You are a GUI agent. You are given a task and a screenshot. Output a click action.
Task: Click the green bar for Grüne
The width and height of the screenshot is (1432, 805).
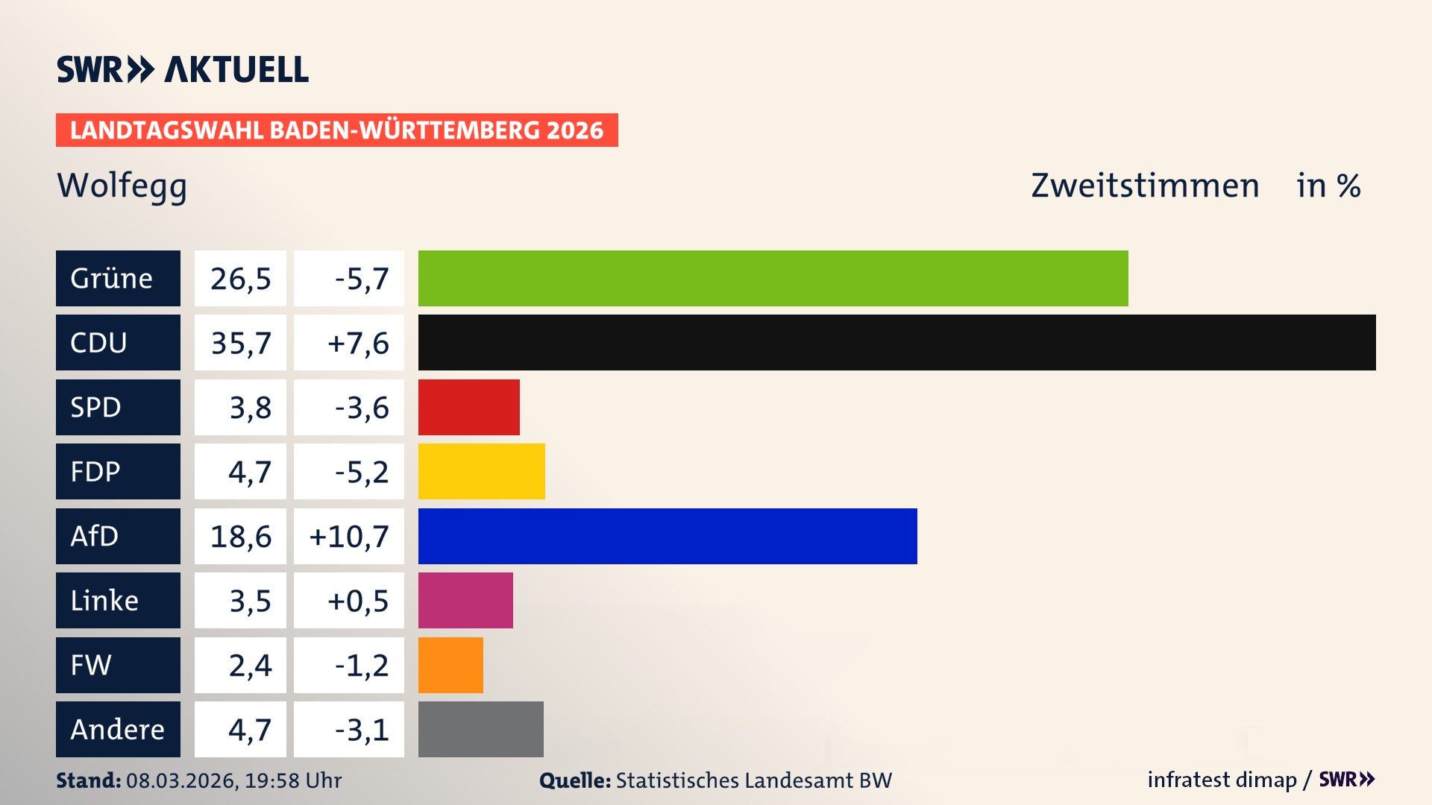pyautogui.click(x=773, y=278)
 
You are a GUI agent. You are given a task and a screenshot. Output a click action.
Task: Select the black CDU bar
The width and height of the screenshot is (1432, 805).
pyautogui.click(x=896, y=342)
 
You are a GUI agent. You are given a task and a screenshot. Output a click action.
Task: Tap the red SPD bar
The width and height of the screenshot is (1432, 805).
pyautogui.click(x=468, y=407)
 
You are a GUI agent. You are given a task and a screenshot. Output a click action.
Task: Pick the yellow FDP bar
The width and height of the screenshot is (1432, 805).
pyautogui.click(x=481, y=471)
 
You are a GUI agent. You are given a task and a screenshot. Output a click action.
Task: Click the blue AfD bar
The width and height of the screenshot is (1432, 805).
pyautogui.click(x=668, y=536)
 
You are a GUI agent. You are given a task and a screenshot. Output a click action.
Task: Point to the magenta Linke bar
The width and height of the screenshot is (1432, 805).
pyautogui.click(x=465, y=600)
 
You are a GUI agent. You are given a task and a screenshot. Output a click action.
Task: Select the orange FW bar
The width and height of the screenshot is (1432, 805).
pyautogui.click(x=450, y=665)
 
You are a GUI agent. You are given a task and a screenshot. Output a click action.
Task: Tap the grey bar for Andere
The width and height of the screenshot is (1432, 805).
pyautogui.click(x=480, y=729)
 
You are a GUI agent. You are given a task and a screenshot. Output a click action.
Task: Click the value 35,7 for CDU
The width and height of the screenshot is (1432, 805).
pyautogui.click(x=240, y=343)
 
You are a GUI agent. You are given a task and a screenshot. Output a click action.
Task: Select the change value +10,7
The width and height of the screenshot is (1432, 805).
pyautogui.click(x=349, y=536)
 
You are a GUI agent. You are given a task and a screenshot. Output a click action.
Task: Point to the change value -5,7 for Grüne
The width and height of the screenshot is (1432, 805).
pyautogui.click(x=361, y=279)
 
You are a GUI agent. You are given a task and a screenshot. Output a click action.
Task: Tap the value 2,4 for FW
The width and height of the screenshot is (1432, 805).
pyautogui.click(x=250, y=665)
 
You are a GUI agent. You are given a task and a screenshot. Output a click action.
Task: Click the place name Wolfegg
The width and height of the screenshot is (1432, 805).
pyautogui.click(x=122, y=186)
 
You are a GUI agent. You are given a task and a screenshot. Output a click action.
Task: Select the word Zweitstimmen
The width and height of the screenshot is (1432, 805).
pyautogui.click(x=1145, y=186)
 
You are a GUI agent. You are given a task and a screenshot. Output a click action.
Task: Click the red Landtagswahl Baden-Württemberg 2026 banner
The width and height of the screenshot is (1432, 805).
pyautogui.click(x=336, y=130)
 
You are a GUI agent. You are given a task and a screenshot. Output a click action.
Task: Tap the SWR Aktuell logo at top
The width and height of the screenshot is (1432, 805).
pyautogui.click(x=182, y=69)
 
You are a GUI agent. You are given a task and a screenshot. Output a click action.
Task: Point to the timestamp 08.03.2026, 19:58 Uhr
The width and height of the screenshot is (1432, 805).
pyautogui.click(x=233, y=780)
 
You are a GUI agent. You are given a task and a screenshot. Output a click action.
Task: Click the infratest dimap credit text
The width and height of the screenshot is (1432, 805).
pyautogui.click(x=1222, y=780)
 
